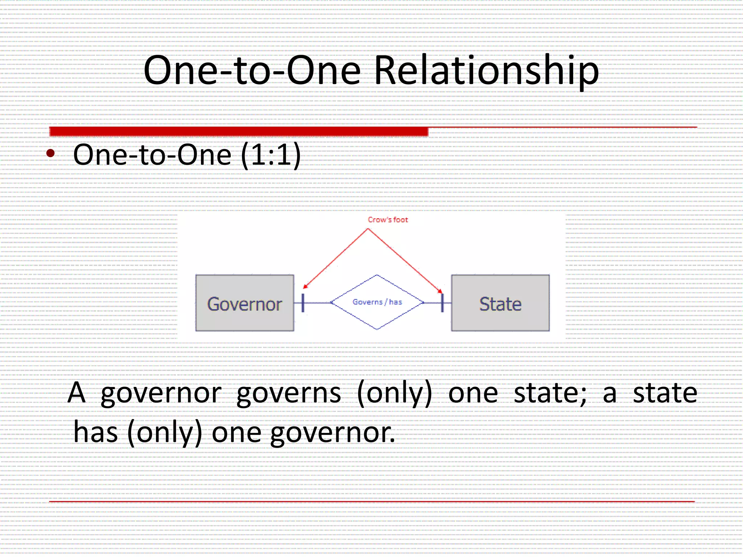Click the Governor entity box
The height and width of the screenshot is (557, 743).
tap(245, 303)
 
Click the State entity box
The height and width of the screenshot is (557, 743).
tap(500, 303)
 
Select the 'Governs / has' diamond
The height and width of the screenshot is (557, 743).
tap(377, 302)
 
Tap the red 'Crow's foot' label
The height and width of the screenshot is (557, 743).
tap(387, 220)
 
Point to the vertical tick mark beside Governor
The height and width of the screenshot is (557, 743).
tap(303, 302)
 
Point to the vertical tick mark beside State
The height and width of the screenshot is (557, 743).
tap(442, 302)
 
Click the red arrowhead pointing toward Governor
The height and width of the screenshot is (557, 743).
tap(305, 286)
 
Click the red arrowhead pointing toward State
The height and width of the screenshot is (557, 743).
tap(440, 291)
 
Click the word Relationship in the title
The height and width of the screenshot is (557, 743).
tap(486, 71)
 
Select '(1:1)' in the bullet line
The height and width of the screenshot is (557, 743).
tap(271, 155)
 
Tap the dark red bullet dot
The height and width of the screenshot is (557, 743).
tap(51, 153)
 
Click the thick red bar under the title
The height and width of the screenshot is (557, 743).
tap(238, 131)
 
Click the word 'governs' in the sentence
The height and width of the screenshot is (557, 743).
tap(289, 393)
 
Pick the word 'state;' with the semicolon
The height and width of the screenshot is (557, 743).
tap(550, 393)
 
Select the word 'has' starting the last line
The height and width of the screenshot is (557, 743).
tap(95, 432)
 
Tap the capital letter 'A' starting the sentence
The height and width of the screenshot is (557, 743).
tap(77, 393)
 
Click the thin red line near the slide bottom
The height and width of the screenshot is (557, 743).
tap(371, 502)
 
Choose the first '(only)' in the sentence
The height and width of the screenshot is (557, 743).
tap(395, 394)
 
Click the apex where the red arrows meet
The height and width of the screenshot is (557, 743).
tap(368, 229)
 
